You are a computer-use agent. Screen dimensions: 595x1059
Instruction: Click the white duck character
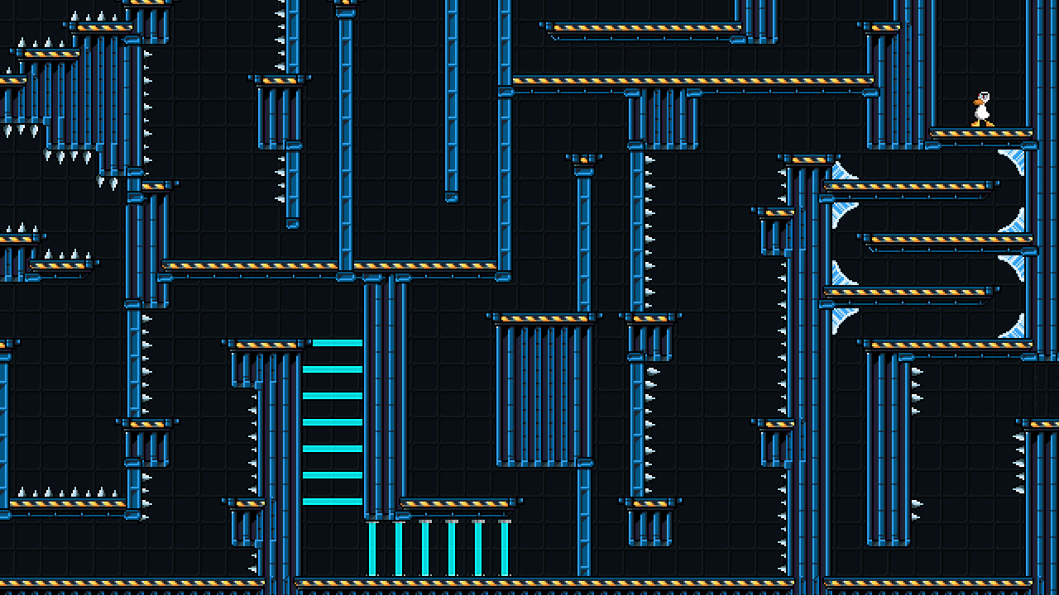click(x=981, y=110)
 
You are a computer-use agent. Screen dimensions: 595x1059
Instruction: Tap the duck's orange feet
click(x=981, y=124)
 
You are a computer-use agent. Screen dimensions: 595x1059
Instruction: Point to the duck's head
click(x=982, y=98)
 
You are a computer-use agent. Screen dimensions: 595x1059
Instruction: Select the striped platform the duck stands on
click(x=981, y=132)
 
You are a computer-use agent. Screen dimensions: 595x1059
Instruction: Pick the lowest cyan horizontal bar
click(x=332, y=502)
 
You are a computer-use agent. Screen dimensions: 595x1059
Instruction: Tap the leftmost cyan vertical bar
click(x=372, y=548)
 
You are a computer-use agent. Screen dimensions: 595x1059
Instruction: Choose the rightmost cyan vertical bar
click(x=505, y=548)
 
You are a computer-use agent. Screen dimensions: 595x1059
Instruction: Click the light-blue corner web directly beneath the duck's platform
click(x=1013, y=160)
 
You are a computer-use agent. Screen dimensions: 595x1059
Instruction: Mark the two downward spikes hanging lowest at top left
click(x=107, y=183)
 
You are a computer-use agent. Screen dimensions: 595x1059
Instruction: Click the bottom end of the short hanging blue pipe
click(x=451, y=197)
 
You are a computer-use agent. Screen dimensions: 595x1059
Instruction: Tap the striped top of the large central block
click(x=544, y=318)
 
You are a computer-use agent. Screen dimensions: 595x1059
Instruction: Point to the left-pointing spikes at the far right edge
click(x=1019, y=463)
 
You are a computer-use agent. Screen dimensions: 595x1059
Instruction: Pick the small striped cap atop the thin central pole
click(x=583, y=159)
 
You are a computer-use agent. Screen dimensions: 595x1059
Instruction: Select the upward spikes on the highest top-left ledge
click(x=93, y=17)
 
